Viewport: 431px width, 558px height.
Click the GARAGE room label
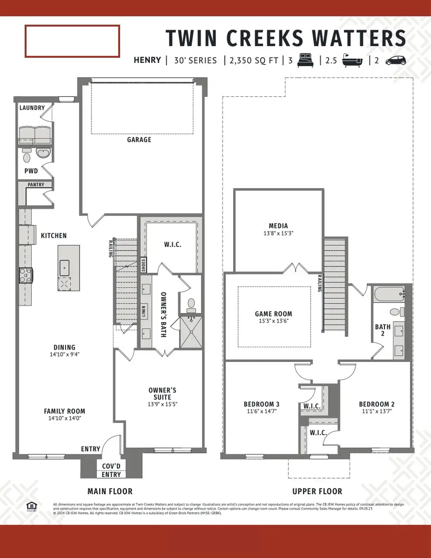pos(139,139)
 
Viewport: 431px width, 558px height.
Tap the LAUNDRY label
pos(32,108)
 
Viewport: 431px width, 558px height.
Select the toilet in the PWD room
pos(27,157)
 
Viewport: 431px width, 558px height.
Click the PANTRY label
pos(35,185)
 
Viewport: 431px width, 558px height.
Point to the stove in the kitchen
pos(25,276)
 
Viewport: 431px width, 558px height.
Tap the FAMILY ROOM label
pos(64,411)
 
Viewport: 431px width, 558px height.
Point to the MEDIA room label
pos(278,226)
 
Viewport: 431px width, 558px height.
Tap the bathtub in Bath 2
pos(388,293)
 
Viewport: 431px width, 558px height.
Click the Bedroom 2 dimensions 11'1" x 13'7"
pos(376,412)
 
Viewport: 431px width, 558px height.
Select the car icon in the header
pos(396,60)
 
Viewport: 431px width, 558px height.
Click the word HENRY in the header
pos(147,60)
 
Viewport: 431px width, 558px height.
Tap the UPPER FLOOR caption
pos(317,491)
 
